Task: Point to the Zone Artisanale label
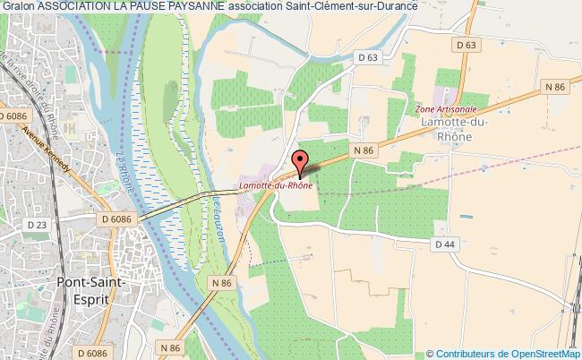pos(445,109)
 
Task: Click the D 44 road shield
pos(445,244)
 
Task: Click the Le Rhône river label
pos(125,173)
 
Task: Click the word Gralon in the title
pos(19,9)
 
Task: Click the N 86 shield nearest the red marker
pos(362,151)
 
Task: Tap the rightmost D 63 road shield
pos(465,44)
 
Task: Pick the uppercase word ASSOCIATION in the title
pos(87,9)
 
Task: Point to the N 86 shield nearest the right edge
pos(554,88)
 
